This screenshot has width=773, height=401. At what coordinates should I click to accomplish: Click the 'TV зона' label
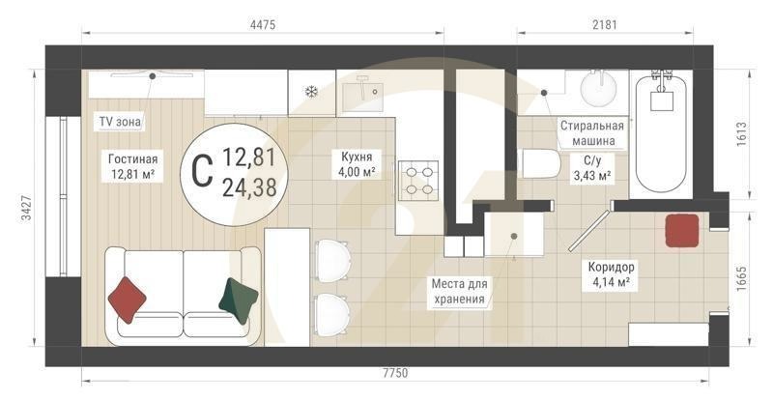pos(121,122)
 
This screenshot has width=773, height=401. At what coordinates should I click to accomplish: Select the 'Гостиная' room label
pos(132,165)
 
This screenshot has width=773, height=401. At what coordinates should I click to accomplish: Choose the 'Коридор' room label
pos(610,274)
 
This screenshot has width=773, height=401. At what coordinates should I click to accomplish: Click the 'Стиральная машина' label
pos(592,133)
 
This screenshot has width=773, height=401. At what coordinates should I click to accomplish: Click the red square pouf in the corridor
pos(681,230)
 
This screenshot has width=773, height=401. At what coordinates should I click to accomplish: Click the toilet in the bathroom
pos(541,163)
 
